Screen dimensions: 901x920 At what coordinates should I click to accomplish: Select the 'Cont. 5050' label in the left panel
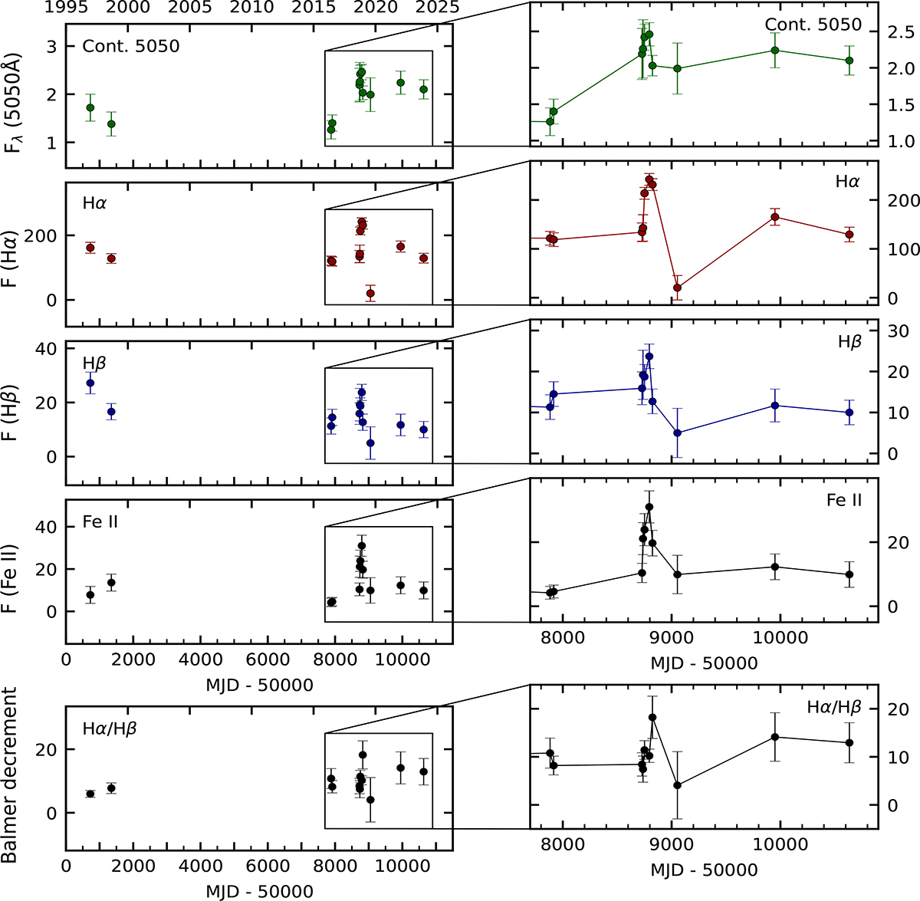pyautogui.click(x=131, y=46)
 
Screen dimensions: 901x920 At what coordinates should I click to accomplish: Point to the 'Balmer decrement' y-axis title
pyautogui.click(x=11, y=774)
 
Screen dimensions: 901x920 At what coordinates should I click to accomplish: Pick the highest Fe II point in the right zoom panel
pyautogui.click(x=649, y=507)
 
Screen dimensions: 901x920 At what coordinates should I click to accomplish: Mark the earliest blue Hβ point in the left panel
pyautogui.click(x=90, y=383)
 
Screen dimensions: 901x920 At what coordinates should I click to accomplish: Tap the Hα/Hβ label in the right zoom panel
pyautogui.click(x=834, y=707)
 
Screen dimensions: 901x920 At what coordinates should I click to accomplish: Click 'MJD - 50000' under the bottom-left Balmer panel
pyautogui.click(x=259, y=891)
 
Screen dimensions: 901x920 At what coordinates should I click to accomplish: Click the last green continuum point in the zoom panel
pyautogui.click(x=849, y=61)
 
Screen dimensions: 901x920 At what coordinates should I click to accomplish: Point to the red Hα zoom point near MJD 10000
pyautogui.click(x=775, y=217)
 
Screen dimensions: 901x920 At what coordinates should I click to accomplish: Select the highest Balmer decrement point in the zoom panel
pyautogui.click(x=652, y=717)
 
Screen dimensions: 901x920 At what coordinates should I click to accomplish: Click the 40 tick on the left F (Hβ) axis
pyautogui.click(x=47, y=349)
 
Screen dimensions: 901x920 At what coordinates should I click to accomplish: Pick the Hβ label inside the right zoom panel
pyautogui.click(x=849, y=342)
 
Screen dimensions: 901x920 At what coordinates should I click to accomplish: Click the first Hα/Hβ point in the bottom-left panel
pyautogui.click(x=90, y=794)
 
